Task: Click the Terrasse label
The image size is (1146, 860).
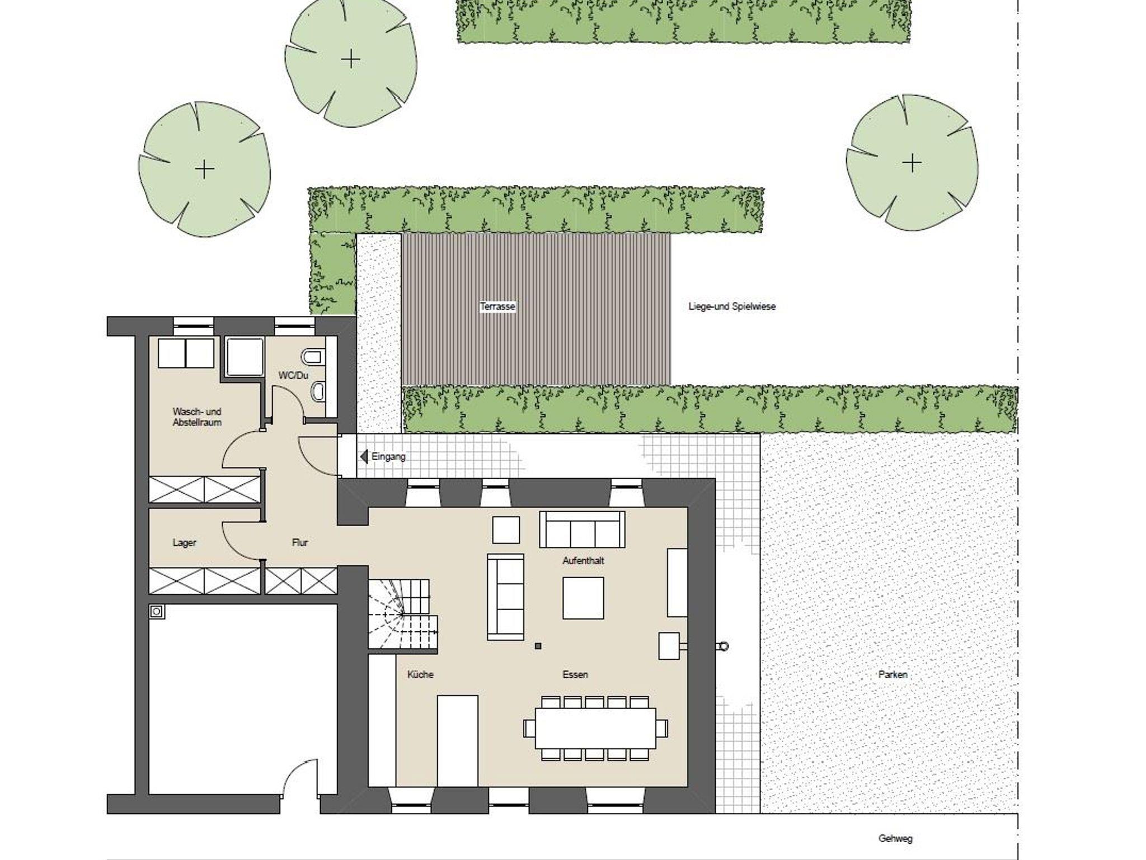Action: (x=497, y=306)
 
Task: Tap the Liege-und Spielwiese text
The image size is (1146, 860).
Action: (x=732, y=306)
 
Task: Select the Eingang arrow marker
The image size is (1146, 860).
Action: (x=364, y=457)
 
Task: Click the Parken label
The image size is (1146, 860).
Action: (x=893, y=674)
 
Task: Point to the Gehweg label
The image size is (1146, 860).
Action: (x=895, y=839)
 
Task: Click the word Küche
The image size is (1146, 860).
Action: (x=420, y=674)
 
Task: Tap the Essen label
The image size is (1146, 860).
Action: (x=575, y=674)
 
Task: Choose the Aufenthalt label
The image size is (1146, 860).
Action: (x=583, y=560)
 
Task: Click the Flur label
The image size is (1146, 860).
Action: (x=300, y=542)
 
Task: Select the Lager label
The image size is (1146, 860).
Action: (x=184, y=542)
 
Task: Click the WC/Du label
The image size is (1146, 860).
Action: (x=293, y=375)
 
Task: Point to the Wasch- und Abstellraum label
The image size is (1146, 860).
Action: (x=197, y=417)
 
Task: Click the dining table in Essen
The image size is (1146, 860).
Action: (x=595, y=728)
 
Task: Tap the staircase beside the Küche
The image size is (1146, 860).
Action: (x=402, y=615)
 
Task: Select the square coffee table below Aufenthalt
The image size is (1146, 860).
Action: (x=583, y=598)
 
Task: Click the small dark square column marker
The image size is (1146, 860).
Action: (x=538, y=646)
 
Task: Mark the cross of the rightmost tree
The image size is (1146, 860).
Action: (x=912, y=163)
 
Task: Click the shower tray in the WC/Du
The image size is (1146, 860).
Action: (x=245, y=357)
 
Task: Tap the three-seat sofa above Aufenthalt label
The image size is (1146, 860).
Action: (x=582, y=529)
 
